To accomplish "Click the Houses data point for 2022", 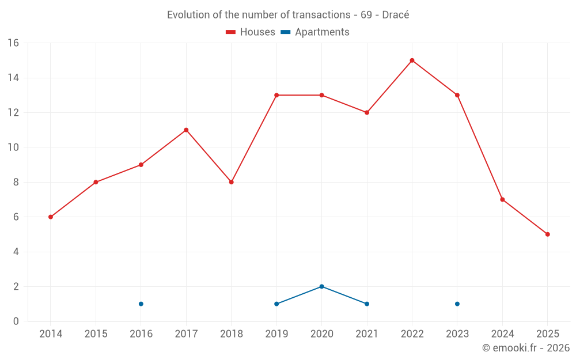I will pyautogui.click(x=412, y=60).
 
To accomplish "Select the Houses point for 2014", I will pyautogui.click(x=51, y=217).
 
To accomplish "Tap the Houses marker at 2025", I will pyautogui.click(x=547, y=234).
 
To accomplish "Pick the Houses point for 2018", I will pyautogui.click(x=231, y=182).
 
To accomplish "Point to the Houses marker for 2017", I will pyautogui.click(x=186, y=130).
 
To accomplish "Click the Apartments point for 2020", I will pyautogui.click(x=321, y=286).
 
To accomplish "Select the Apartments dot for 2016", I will pyautogui.click(x=141, y=304).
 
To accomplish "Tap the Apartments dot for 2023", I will pyautogui.click(x=457, y=304).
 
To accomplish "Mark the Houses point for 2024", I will pyautogui.click(x=502, y=200).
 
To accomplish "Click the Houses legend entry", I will pyautogui.click(x=251, y=32).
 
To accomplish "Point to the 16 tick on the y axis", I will pyautogui.click(x=13, y=43).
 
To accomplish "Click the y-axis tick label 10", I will pyautogui.click(x=13, y=147).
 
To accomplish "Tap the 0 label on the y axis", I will pyautogui.click(x=16, y=321).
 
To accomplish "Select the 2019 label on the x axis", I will pyautogui.click(x=276, y=334).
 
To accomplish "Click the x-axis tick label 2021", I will pyautogui.click(x=367, y=334).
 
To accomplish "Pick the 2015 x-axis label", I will pyautogui.click(x=96, y=334).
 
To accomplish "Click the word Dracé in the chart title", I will pyautogui.click(x=395, y=15).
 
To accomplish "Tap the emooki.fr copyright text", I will pyautogui.click(x=526, y=348).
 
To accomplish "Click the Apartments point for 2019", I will pyautogui.click(x=276, y=304).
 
